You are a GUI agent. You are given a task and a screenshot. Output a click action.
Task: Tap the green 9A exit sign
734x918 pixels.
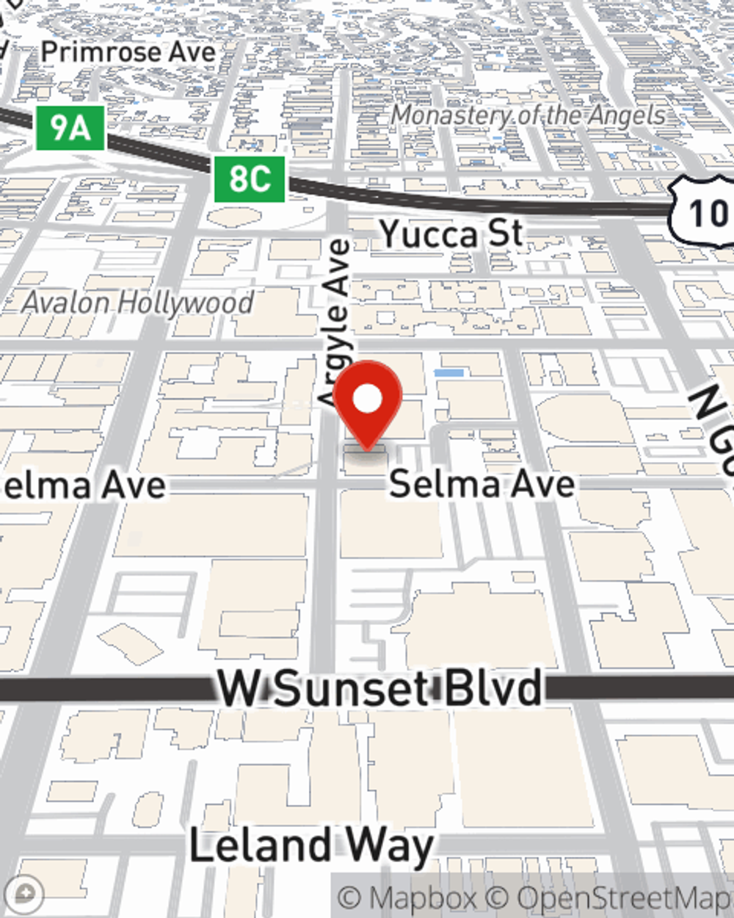(70, 129)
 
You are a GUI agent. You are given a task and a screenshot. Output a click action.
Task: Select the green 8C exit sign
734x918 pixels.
(250, 178)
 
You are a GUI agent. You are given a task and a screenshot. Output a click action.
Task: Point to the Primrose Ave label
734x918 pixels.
(128, 52)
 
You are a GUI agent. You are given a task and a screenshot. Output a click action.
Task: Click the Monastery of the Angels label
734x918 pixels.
(528, 115)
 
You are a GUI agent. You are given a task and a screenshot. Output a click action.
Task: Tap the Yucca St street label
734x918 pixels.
(451, 234)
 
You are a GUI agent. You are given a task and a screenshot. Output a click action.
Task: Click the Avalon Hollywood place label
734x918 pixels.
(138, 302)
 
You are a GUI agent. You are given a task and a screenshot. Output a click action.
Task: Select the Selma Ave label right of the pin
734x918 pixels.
(482, 483)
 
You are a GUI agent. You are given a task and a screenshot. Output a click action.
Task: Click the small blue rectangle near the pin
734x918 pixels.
(448, 373)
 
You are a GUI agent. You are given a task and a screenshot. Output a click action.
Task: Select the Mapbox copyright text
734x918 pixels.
(408, 897)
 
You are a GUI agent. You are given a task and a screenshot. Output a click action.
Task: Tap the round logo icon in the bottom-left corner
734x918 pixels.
(26, 894)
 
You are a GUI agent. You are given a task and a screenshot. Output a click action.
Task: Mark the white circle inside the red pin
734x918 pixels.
(367, 400)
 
